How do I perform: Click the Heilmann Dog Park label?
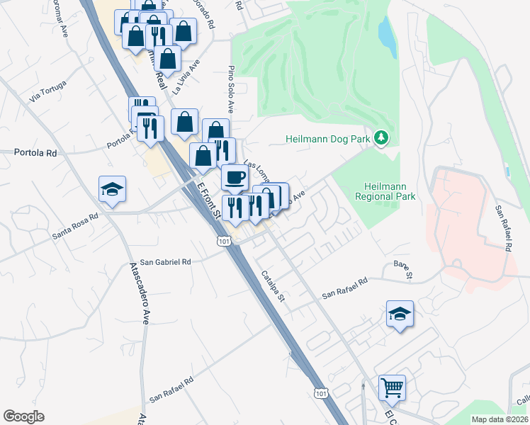pos(328,139)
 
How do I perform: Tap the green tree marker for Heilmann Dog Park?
pos(382,137)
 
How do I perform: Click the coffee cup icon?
pos(235,177)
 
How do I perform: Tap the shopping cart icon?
pos(392,387)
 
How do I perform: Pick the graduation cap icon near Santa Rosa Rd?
pos(112,189)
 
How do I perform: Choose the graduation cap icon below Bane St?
pos(400,313)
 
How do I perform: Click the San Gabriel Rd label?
pos(166,262)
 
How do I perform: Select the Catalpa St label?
pos(272,285)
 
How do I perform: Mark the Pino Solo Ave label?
pos(230,90)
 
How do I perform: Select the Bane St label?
pos(403,269)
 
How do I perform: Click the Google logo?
pos(23,416)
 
